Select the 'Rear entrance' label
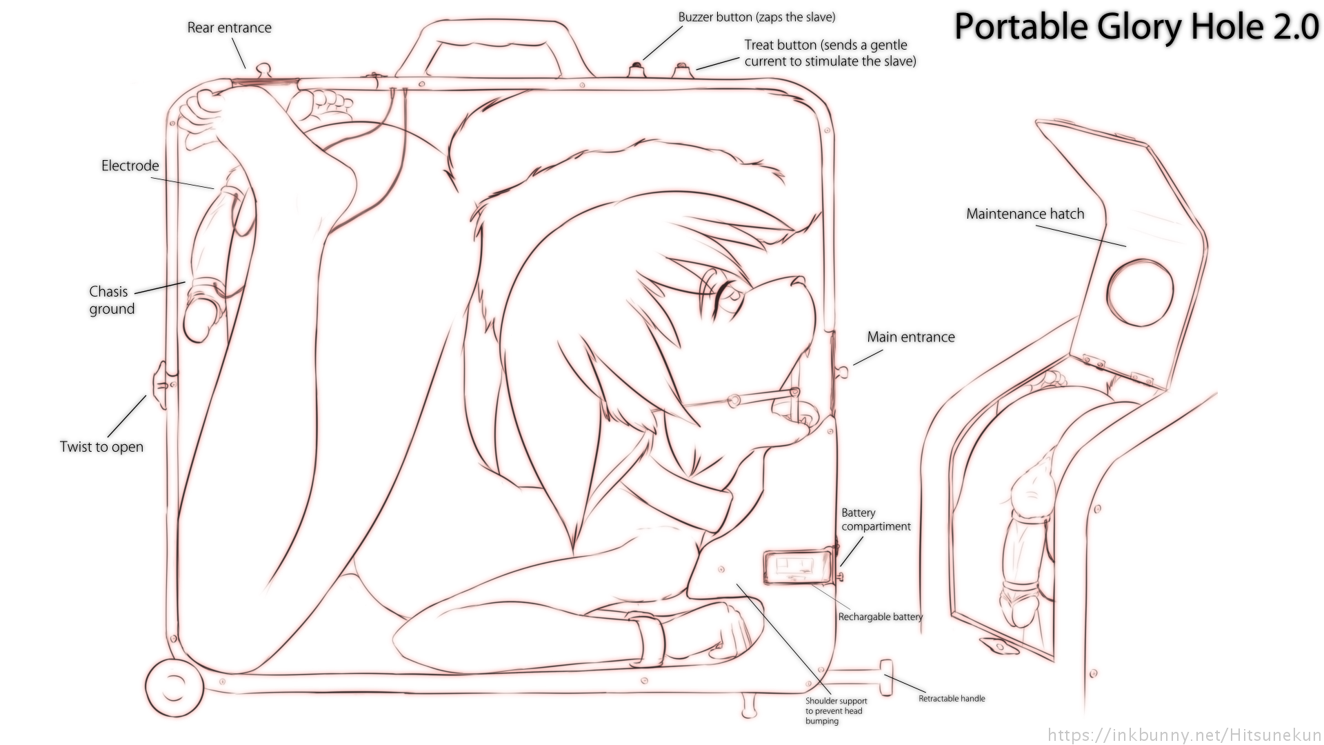[x=229, y=28]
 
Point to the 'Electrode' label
[x=130, y=166]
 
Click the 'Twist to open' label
[x=101, y=447]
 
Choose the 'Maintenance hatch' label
[x=1025, y=214]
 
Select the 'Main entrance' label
[x=910, y=337]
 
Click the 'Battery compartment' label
[x=875, y=519]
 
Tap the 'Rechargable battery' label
[x=880, y=617]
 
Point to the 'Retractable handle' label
[x=952, y=698]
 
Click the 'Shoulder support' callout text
[x=836, y=711]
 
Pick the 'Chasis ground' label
[x=111, y=300]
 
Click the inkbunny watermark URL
[x=1183, y=734]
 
